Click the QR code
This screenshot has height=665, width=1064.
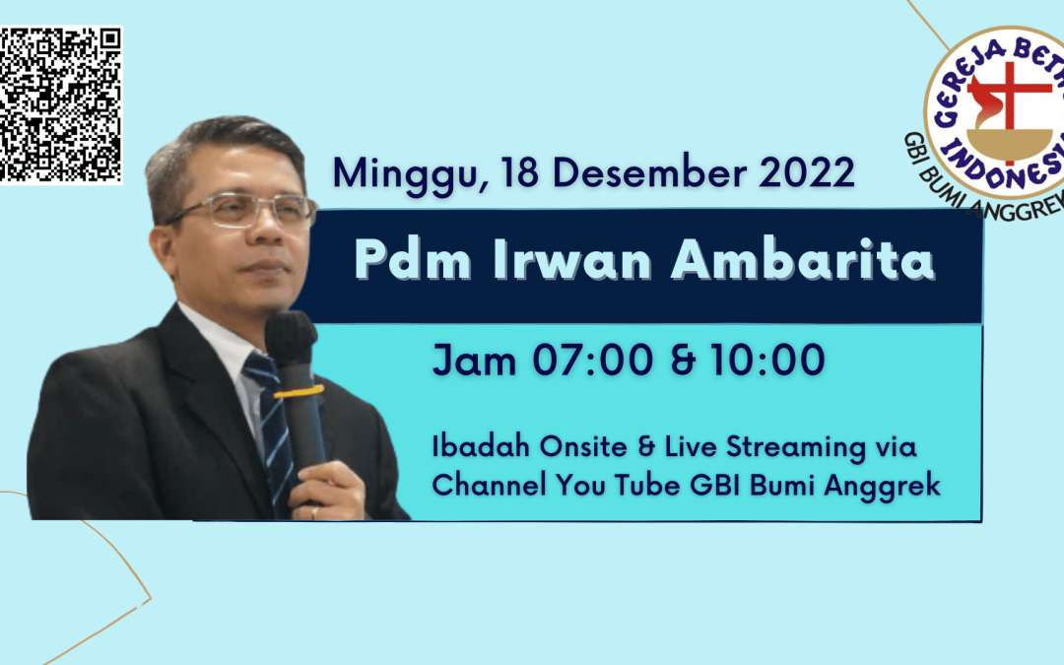pos(60,105)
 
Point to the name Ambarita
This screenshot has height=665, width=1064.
pos(802,260)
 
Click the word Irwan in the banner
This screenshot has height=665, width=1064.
pos(572,260)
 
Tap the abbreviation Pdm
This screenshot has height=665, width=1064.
pos(413,260)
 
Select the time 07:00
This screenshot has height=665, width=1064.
pos(592,360)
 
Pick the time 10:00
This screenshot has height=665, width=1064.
pos(767,360)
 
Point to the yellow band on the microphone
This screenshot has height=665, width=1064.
pos(299,391)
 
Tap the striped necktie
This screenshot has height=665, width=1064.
pos(273,427)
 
